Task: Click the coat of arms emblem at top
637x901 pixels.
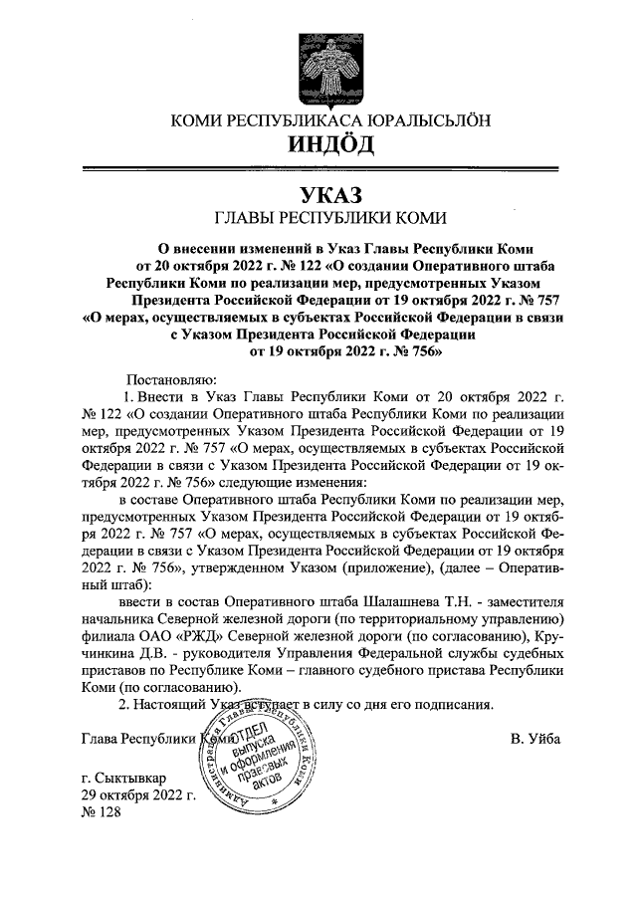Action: (330, 62)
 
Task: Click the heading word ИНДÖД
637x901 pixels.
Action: (330, 146)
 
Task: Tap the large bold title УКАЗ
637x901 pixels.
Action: (329, 195)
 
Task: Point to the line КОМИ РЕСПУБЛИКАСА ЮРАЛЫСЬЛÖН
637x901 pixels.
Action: (330, 120)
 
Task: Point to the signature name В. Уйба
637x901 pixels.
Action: (535, 738)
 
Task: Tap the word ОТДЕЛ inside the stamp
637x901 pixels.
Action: (258, 738)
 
